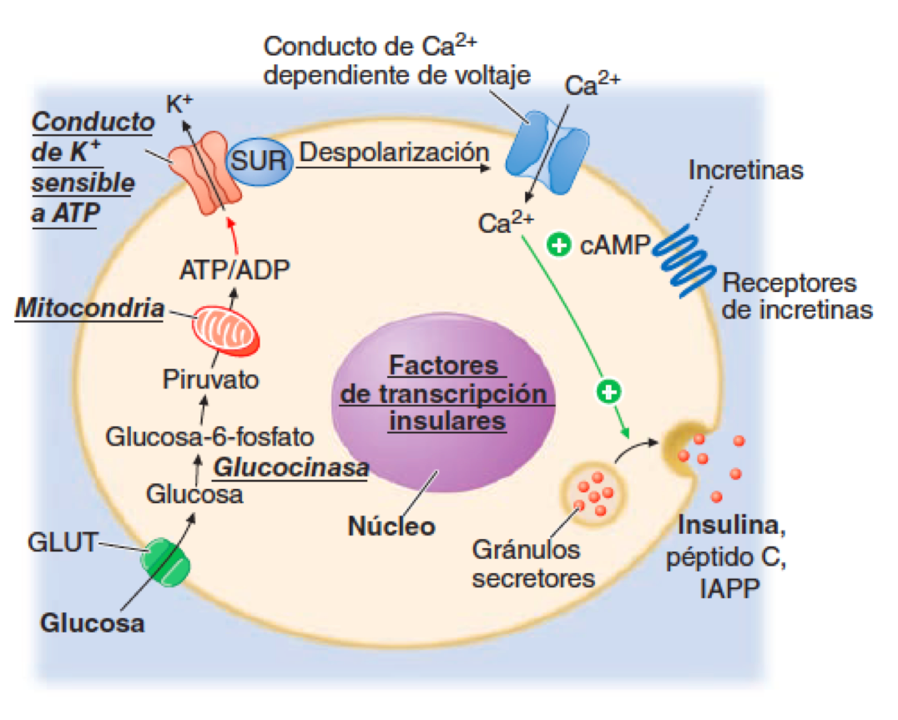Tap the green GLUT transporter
(x=165, y=561)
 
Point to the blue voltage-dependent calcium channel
(x=547, y=154)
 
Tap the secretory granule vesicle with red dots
(x=593, y=496)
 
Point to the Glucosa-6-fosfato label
(x=209, y=436)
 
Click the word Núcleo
(x=391, y=526)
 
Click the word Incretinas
(x=745, y=170)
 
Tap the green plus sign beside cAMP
(x=558, y=244)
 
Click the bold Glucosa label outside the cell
(x=92, y=622)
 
